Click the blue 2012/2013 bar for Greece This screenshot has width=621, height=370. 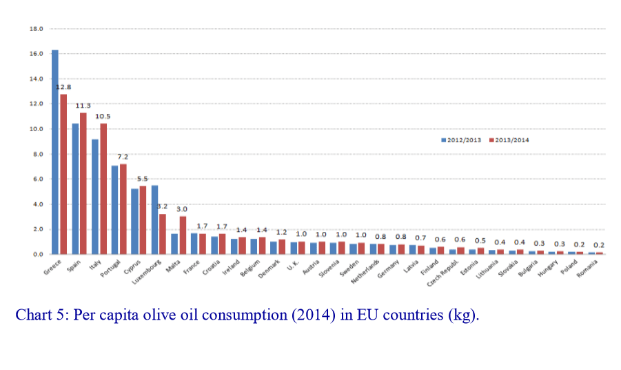pos(55,152)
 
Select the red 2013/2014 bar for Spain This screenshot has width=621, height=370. pos(83,183)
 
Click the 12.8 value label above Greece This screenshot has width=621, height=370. pos(63,87)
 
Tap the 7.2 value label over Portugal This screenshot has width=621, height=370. pos(123,157)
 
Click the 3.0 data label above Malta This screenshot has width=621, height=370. pos(183,209)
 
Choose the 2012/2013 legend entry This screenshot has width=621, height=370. pos(461,140)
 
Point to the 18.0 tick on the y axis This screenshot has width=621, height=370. pos(37,29)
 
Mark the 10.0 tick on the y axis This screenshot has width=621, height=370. pos(37,129)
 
